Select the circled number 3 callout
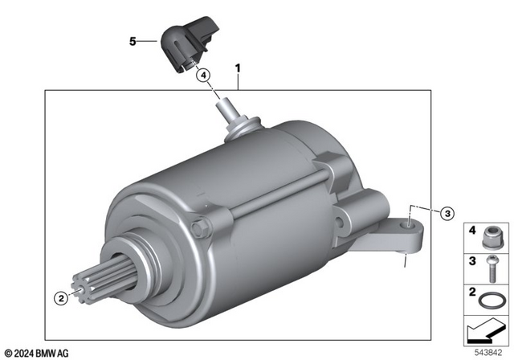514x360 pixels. point(447,213)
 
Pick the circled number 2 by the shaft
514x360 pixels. point(59,297)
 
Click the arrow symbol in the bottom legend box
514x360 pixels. point(486,329)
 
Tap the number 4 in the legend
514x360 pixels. point(472,232)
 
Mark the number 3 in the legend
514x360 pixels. point(472,260)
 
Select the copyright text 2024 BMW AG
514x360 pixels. point(36,353)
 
